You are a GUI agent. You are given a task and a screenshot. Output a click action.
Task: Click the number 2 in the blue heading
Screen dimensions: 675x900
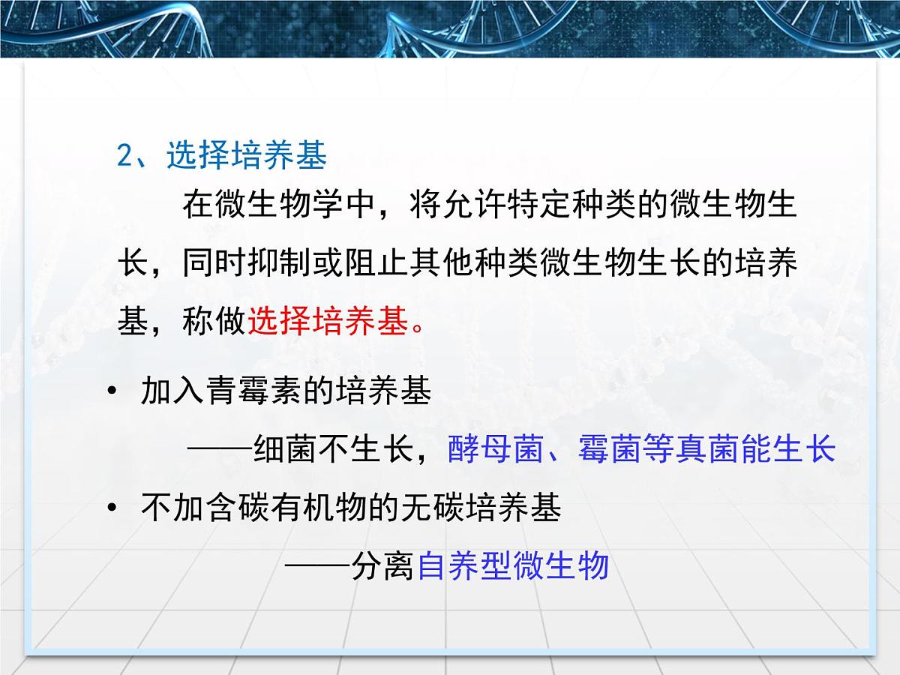pos(125,156)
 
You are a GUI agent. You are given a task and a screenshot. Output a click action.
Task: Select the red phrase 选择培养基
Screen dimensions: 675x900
pos(328,322)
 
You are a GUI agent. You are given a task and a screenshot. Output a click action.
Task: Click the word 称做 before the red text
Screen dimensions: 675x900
pos(214,322)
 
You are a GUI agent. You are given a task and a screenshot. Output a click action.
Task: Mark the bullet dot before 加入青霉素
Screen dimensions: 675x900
pos(112,391)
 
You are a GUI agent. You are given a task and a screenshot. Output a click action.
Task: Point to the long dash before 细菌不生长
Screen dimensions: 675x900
pos(220,450)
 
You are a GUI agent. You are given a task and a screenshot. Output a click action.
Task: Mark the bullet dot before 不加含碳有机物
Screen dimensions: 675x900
pos(112,508)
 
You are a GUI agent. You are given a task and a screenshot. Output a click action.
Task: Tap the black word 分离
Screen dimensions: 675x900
pos(382,566)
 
